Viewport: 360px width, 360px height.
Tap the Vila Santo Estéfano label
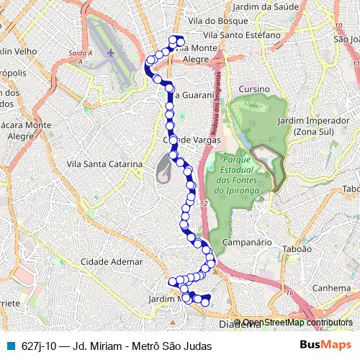pos(238,35)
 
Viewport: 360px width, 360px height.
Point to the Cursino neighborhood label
pos(255,89)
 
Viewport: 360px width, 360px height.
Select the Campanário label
pos(246,243)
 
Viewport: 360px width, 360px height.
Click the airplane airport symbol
pos(110,52)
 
